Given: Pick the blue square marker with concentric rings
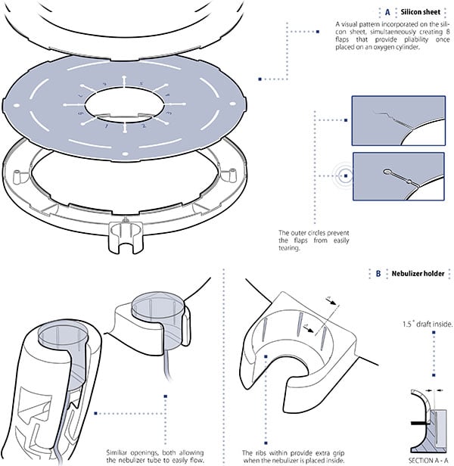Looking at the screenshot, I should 345,176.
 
